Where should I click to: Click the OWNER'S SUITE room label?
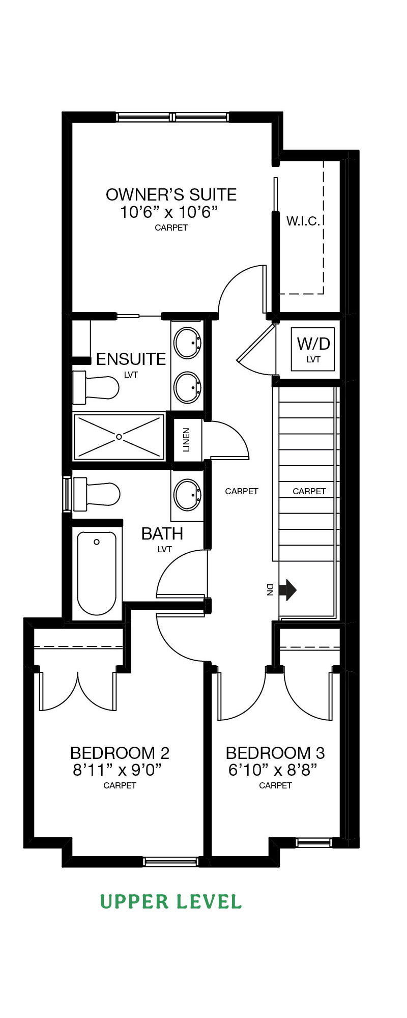click(x=171, y=194)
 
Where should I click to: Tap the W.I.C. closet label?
click(x=303, y=221)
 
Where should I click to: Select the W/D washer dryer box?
click(x=313, y=349)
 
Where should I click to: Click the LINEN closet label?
click(x=186, y=440)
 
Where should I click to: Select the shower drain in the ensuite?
click(x=119, y=437)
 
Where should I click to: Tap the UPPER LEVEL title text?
click(x=171, y=902)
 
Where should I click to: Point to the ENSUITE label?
click(x=131, y=359)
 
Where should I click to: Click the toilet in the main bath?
click(x=97, y=494)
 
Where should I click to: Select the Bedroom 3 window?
click(x=314, y=843)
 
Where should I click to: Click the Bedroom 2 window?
click(x=170, y=862)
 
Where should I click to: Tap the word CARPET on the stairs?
click(x=309, y=491)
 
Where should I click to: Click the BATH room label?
click(x=162, y=533)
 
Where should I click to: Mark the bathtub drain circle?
click(x=97, y=542)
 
